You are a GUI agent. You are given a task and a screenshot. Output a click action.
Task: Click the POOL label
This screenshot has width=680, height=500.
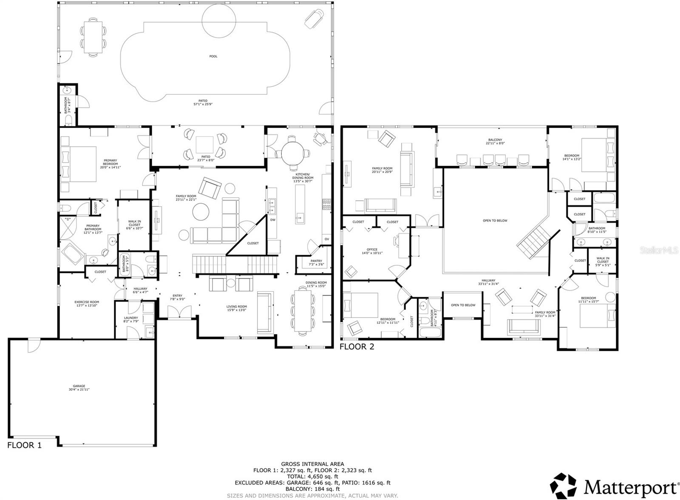click(x=213, y=56)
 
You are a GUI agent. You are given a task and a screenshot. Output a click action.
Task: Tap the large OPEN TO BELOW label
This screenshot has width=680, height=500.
click(x=495, y=221)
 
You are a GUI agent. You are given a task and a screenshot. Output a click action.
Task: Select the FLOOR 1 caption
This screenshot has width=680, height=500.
click(x=25, y=445)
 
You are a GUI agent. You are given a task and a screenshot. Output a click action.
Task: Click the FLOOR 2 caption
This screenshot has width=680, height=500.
click(x=357, y=347)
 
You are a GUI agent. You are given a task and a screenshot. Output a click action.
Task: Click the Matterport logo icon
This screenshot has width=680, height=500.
click(x=564, y=486)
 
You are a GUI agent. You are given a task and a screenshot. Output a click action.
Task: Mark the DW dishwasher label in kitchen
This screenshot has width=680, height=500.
click(x=273, y=220)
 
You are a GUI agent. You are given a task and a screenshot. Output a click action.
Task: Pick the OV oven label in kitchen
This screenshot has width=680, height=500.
click(x=326, y=239)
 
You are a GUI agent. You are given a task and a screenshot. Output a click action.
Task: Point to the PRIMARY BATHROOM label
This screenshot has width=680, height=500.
click(x=93, y=227)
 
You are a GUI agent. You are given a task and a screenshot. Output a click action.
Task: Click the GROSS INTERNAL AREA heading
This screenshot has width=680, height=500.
click(x=312, y=464)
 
